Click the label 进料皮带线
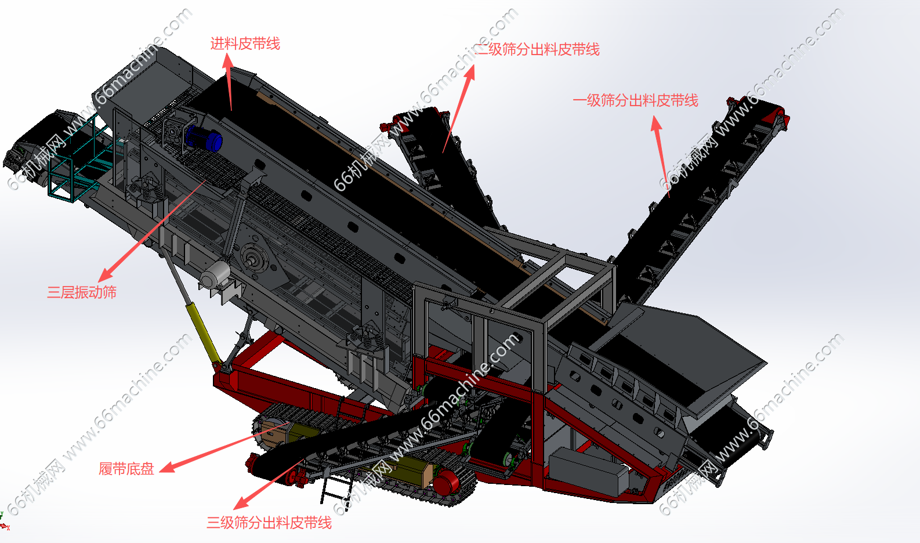pos(245,44)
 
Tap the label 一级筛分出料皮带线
pos(635,100)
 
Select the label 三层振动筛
pos(82,292)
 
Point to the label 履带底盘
pos(126,469)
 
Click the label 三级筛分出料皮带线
pos(269,523)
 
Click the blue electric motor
pos(204,138)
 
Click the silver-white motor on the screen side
pos(215,274)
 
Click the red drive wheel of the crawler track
pos(447,483)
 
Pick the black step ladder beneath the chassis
pos(336,489)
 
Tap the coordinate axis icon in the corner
pos(4,522)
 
